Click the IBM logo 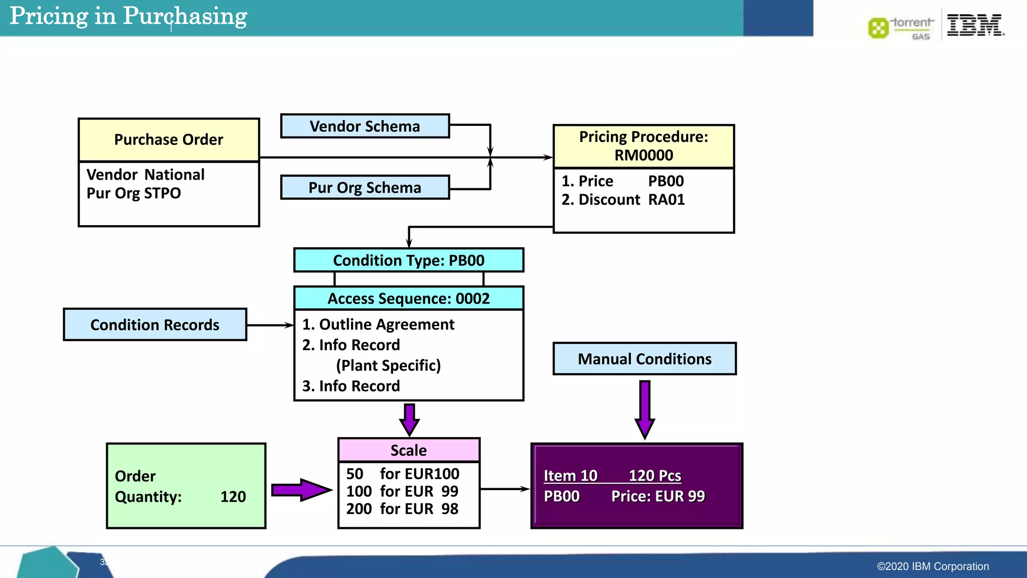[x=975, y=25]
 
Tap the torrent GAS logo [x=902, y=28]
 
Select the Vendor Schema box [x=365, y=126]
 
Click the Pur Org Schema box [x=365, y=187]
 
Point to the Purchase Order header [x=168, y=139]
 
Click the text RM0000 [x=643, y=156]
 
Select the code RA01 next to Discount [x=666, y=200]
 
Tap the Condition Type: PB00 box [x=409, y=260]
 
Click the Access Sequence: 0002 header [x=409, y=299]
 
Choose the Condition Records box [x=155, y=325]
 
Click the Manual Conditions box [x=644, y=359]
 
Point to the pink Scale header [x=409, y=450]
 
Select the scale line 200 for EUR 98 [x=402, y=509]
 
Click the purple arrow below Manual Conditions [x=645, y=409]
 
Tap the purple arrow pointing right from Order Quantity [x=301, y=490]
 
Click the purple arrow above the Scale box [x=409, y=419]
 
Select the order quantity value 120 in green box [x=233, y=497]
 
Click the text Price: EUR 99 [x=658, y=496]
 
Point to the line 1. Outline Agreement [x=378, y=325]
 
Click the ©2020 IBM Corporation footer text [x=933, y=566]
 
